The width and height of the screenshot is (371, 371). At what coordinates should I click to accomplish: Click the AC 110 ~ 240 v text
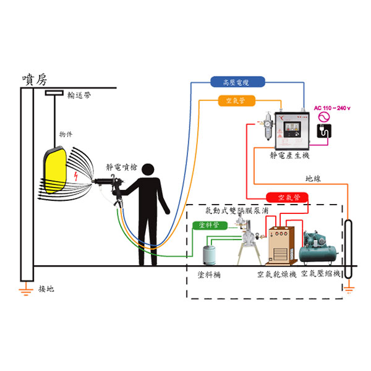tap(333, 108)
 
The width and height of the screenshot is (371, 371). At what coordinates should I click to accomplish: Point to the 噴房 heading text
tap(34, 79)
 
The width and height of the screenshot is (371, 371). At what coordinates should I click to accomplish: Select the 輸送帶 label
tap(80, 95)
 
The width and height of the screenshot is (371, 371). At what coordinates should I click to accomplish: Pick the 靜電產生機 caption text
tap(290, 157)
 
